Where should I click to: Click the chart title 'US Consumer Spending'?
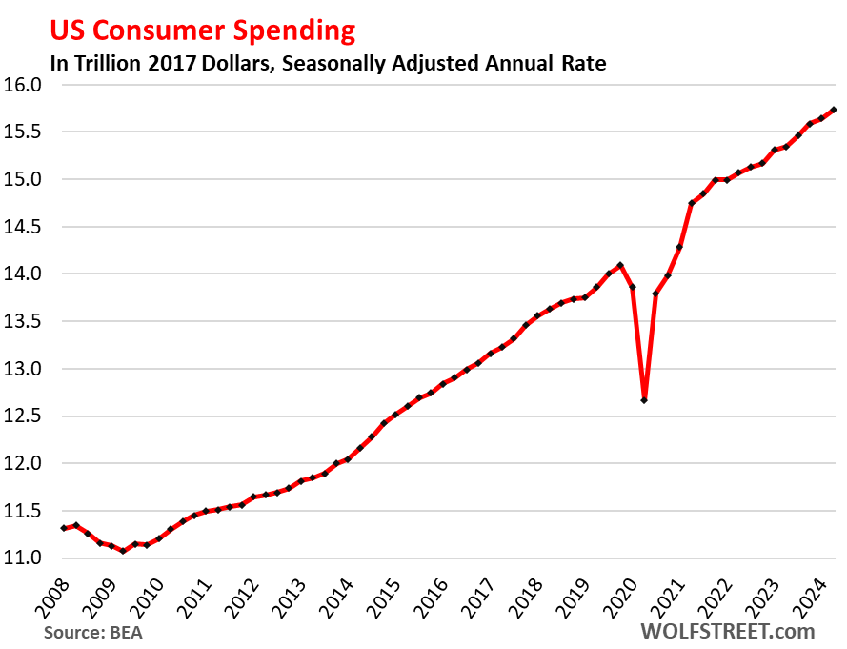tap(202, 30)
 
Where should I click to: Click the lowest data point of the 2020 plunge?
tap(644, 400)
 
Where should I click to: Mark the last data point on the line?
tap(834, 110)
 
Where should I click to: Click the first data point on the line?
tap(64, 528)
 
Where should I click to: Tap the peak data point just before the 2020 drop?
tap(620, 265)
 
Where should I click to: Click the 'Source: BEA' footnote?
tap(92, 631)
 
